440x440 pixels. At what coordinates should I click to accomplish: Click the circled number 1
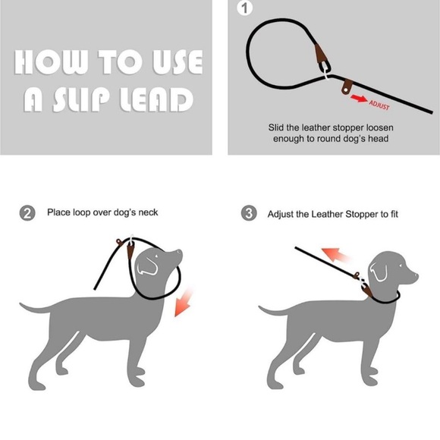(244, 9)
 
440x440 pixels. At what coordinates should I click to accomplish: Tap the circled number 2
(27, 213)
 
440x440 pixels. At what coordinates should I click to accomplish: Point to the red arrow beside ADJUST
(359, 98)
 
